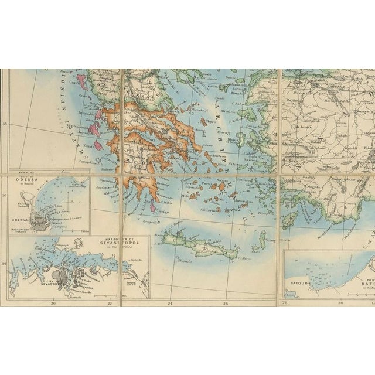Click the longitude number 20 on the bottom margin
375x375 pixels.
53,303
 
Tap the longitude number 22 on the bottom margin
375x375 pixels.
110,303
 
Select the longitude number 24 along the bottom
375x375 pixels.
169,303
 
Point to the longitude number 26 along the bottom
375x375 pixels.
226,303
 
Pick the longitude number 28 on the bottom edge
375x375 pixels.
284,303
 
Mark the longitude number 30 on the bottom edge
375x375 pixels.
340,303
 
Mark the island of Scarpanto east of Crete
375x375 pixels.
262,238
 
